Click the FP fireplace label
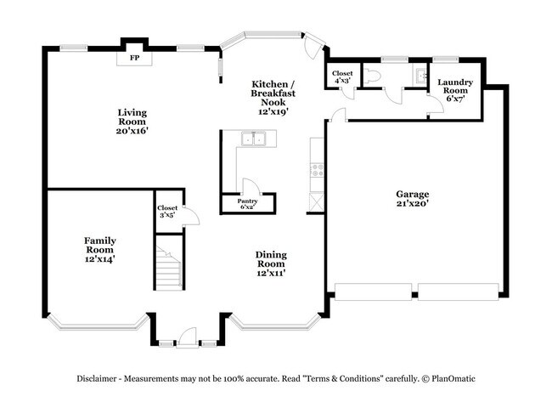tap(134, 59)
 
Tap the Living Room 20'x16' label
tap(132, 121)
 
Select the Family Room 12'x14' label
tap(99, 249)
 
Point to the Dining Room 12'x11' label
tap(271, 263)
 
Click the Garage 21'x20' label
tap(412, 198)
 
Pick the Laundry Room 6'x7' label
tap(454, 89)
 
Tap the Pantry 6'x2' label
tap(247, 204)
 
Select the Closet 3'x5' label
tap(167, 211)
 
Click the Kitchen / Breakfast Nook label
tap(273, 97)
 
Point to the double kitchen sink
tap(254, 139)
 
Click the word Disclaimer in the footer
tap(100, 378)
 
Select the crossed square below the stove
tap(318, 202)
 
